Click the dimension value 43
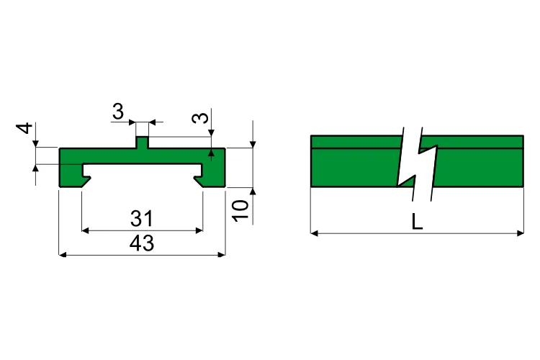[x=142, y=243]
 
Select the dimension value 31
[x=142, y=218]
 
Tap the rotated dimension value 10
[x=241, y=210]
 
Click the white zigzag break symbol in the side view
[x=417, y=164]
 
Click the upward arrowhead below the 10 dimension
[x=253, y=192]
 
